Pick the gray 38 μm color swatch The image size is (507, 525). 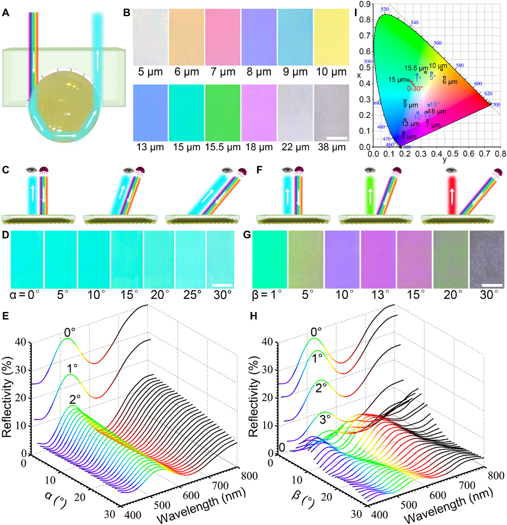(x=331, y=113)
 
